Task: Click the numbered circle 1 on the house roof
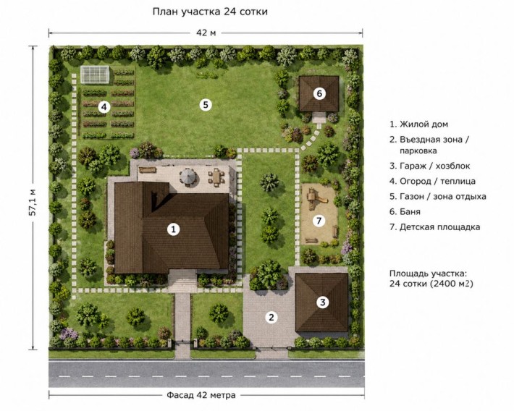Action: click(173, 229)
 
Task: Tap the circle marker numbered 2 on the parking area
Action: click(271, 317)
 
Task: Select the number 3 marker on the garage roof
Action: click(323, 302)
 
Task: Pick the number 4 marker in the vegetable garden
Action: click(104, 107)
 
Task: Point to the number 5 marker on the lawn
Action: click(206, 105)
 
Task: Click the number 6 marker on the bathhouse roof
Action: click(319, 94)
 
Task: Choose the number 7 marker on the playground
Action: click(319, 221)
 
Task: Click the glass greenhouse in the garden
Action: click(94, 75)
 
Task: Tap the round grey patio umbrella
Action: click(188, 177)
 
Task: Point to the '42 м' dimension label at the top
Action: click(206, 33)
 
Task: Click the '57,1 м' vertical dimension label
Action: click(33, 202)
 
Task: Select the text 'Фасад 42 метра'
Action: click(201, 395)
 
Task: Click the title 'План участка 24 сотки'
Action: click(210, 12)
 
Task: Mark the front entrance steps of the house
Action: click(182, 282)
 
